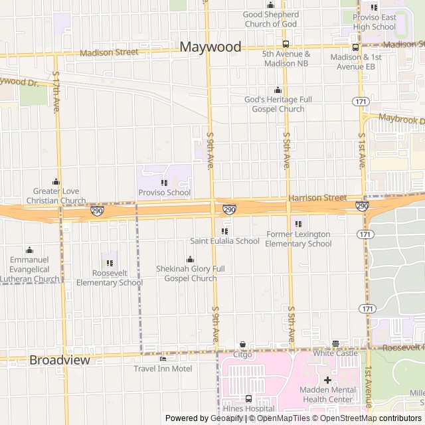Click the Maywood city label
211,47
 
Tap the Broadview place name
59,360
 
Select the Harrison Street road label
317,198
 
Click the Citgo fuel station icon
242,345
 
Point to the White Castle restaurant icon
335,344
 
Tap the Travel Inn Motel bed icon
163,359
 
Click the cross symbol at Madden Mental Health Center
327,380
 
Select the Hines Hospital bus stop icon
248,398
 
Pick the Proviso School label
164,193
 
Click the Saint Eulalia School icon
224,231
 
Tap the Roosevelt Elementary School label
110,278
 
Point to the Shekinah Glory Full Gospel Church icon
191,259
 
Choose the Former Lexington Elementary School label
298,239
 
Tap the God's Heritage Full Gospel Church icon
278,90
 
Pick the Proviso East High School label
375,22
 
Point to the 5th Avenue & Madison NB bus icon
286,44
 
